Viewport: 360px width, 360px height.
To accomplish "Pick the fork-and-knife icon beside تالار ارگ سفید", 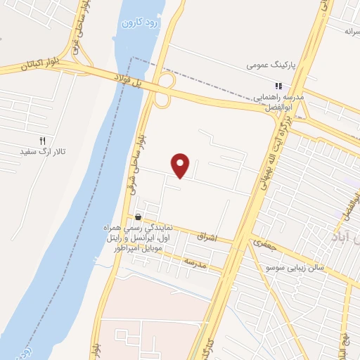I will pyautogui.click(x=42, y=141).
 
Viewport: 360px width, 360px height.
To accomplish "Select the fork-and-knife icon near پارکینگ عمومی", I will pyautogui.click(x=278, y=86).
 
